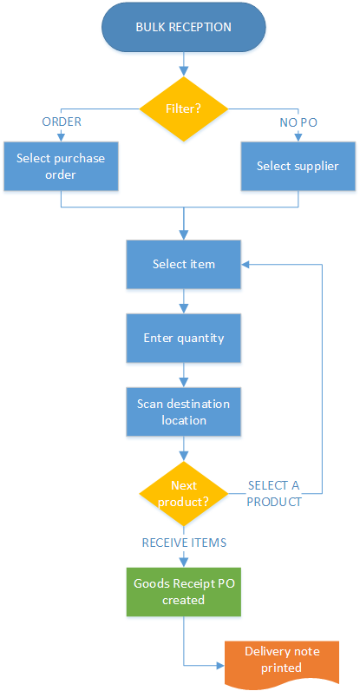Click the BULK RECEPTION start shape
click(x=184, y=27)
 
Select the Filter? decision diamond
click(x=184, y=109)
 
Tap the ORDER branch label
click(x=62, y=122)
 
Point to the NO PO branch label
click(x=298, y=123)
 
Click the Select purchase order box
click(x=61, y=166)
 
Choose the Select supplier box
click(x=298, y=166)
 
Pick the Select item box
click(x=184, y=265)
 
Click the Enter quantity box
click(x=184, y=338)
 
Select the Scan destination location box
click(x=184, y=412)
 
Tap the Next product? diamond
click(x=184, y=494)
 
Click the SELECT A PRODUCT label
click(x=274, y=494)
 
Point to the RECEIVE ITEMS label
click(x=184, y=543)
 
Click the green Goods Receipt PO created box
click(x=184, y=591)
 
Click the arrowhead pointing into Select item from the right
click(x=245, y=265)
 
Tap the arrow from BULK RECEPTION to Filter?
click(x=184, y=63)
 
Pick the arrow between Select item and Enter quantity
click(x=184, y=301)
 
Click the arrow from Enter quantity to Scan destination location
click(x=184, y=375)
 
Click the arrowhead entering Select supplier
click(x=298, y=138)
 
